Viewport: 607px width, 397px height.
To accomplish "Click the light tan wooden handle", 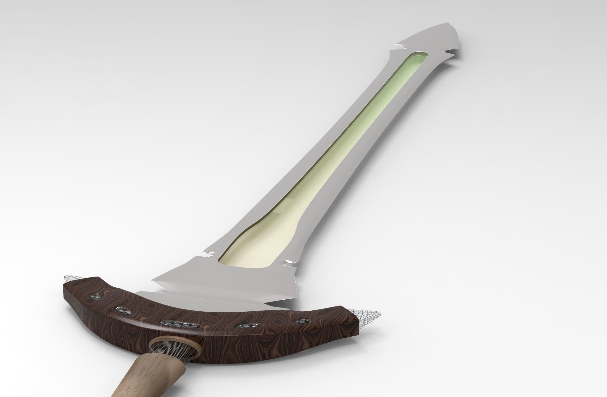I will [x=152, y=379].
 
